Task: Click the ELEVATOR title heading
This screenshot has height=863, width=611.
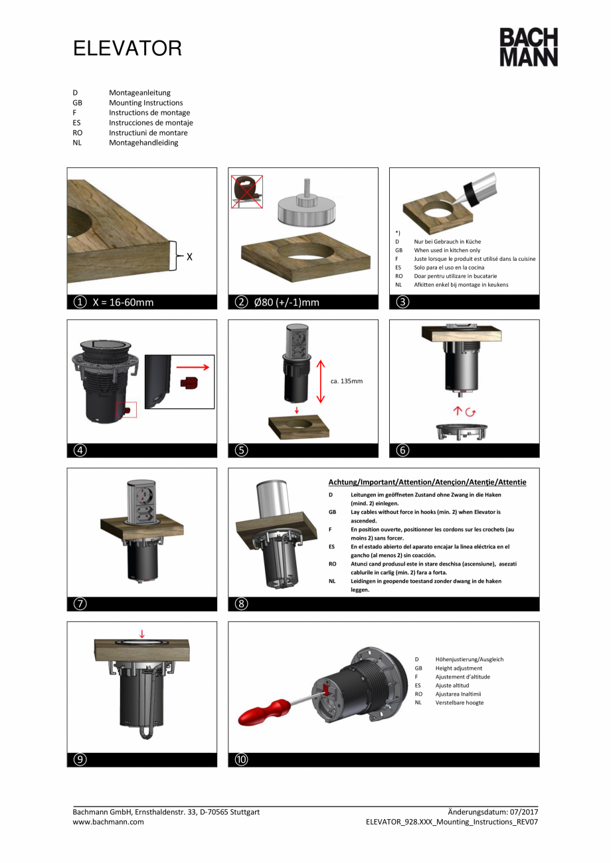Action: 127,48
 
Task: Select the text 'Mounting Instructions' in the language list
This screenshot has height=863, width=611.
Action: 145,103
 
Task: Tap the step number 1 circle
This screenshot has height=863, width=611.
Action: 80,302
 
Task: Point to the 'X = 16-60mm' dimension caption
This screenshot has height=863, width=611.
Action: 123,302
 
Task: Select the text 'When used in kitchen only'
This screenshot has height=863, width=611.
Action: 447,250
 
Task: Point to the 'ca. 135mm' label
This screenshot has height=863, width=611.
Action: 346,381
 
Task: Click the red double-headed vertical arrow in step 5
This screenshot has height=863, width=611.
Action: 320,381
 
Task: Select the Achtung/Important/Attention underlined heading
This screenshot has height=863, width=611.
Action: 427,482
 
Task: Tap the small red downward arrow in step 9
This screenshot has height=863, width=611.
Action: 141,634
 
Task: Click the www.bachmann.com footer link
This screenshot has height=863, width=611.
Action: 108,821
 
